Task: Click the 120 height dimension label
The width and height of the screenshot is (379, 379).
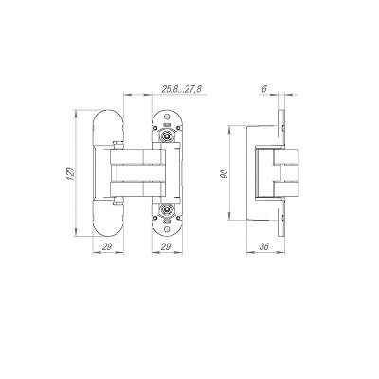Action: click(x=71, y=173)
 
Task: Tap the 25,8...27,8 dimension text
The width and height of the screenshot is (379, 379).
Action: click(x=181, y=89)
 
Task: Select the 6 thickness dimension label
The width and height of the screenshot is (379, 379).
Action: click(x=264, y=89)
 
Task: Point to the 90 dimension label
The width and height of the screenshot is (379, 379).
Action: click(x=225, y=174)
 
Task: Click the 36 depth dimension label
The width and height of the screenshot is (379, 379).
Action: click(x=264, y=246)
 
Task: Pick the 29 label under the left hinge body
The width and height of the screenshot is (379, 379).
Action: click(x=107, y=246)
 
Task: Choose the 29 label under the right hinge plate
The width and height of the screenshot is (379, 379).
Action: click(x=167, y=246)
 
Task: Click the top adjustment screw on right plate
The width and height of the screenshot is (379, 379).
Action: click(x=167, y=135)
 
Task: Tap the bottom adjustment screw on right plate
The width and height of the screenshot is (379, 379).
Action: click(x=167, y=208)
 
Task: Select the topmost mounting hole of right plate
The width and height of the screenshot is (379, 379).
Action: click(x=167, y=116)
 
